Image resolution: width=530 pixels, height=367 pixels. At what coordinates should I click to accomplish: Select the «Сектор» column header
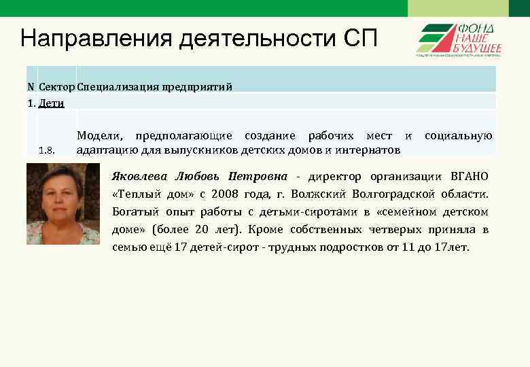[x=56, y=87]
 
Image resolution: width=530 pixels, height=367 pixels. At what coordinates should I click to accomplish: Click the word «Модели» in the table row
[x=101, y=136]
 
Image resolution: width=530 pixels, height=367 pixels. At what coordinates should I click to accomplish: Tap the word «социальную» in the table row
[x=459, y=136]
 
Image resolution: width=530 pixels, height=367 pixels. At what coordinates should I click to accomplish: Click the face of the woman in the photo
[x=62, y=196]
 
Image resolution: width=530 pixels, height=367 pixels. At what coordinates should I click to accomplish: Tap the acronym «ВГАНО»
[x=469, y=177]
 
